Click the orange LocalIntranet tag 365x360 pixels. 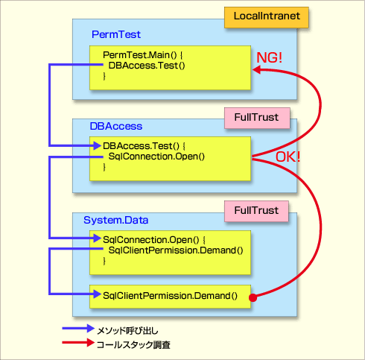click(267, 17)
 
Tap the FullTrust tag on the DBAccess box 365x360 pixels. click(257, 118)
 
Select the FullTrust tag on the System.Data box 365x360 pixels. click(256, 211)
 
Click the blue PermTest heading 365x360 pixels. click(116, 34)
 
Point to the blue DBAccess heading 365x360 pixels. click(116, 126)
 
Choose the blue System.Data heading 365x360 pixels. click(115, 220)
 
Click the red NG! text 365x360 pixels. click(269, 57)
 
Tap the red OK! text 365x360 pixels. click(288, 157)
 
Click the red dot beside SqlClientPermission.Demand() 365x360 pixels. click(253, 297)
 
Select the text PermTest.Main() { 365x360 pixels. click(143, 55)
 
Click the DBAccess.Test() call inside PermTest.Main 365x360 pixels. click(147, 66)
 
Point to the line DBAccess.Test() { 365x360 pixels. click(144, 146)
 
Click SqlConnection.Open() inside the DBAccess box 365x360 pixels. click(156, 157)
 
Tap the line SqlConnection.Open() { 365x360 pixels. click(154, 240)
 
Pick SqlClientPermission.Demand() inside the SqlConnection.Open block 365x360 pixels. click(176, 250)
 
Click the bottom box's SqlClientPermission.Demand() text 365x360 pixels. click(170, 296)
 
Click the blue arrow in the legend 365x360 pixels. click(78, 329)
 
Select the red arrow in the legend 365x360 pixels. click(78, 343)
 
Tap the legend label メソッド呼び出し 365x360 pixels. click(127, 331)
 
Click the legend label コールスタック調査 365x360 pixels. click(133, 345)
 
